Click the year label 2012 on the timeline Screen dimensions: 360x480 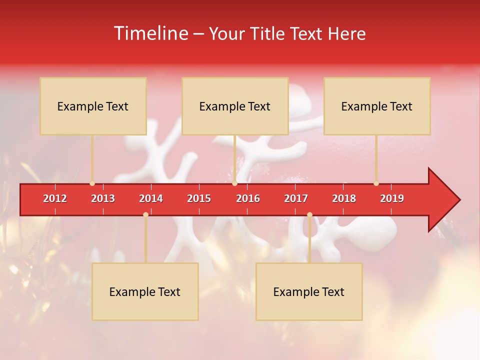(x=55, y=198)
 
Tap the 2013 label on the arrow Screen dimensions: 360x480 (x=103, y=198)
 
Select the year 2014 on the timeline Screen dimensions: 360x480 (x=151, y=198)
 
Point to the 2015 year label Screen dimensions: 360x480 (x=199, y=198)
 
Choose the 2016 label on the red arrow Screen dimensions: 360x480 (x=248, y=198)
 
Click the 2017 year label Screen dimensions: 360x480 (x=296, y=198)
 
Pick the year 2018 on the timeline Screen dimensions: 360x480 (x=344, y=198)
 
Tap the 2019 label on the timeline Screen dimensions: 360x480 (x=392, y=198)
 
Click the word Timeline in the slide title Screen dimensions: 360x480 (x=150, y=33)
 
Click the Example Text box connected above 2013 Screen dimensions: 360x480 (x=93, y=106)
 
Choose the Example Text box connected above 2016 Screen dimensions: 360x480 (x=235, y=106)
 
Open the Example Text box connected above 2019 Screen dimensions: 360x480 (x=377, y=106)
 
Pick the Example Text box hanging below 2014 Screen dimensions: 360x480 (x=145, y=291)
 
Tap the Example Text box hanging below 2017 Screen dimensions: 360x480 (x=309, y=291)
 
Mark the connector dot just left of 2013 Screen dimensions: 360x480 (x=92, y=183)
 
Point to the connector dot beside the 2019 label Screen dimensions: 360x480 (x=376, y=183)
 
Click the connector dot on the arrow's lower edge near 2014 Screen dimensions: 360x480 (x=145, y=214)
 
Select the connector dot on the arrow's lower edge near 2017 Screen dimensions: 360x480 (x=309, y=214)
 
